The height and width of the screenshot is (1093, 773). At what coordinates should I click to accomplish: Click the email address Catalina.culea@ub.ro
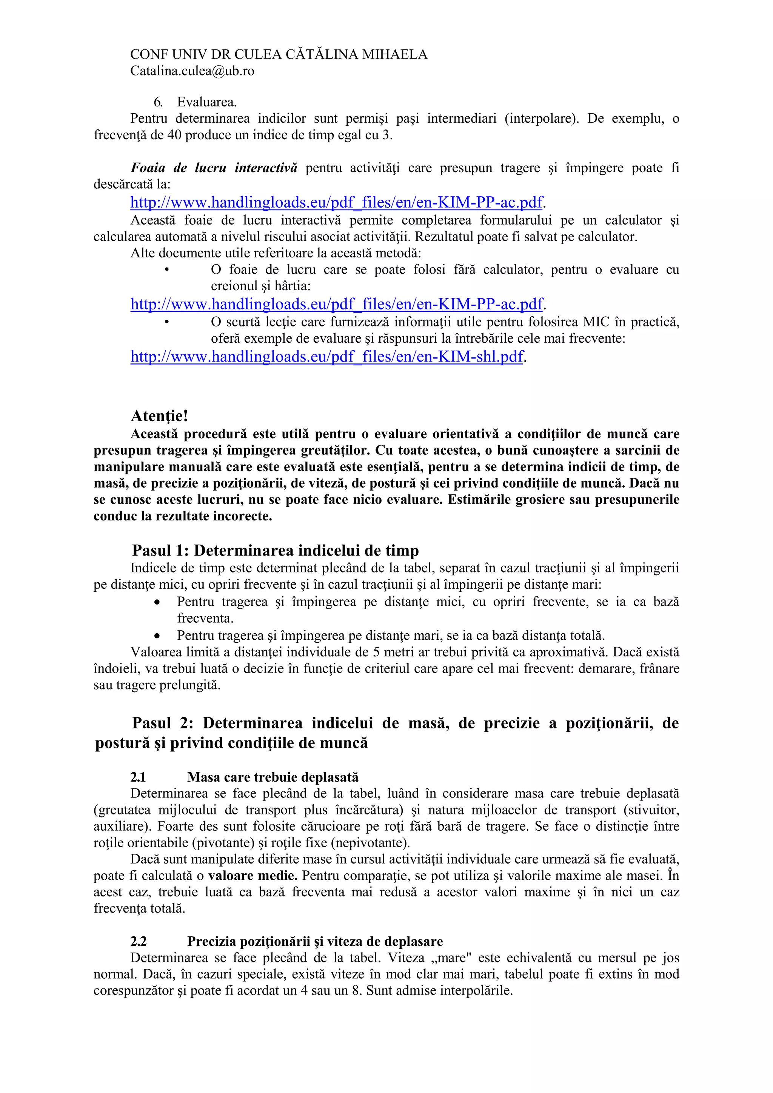tap(192, 71)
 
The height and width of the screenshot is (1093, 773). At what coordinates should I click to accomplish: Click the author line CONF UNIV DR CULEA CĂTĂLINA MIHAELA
tap(279, 54)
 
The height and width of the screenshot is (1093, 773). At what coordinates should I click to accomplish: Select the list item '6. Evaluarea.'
tap(195, 102)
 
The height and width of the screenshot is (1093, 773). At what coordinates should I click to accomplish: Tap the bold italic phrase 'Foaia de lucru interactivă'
tap(214, 168)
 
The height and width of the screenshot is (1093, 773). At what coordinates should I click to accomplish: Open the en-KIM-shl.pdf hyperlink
tap(326, 357)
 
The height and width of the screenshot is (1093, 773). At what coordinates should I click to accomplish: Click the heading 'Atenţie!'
tap(159, 416)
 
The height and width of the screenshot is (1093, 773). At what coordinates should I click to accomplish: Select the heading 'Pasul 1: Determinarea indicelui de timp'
tap(275, 550)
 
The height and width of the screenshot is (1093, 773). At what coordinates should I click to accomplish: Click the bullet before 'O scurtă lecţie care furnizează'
tap(166, 322)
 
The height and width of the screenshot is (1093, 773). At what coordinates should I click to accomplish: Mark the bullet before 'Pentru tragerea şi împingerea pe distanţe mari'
tap(157, 636)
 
